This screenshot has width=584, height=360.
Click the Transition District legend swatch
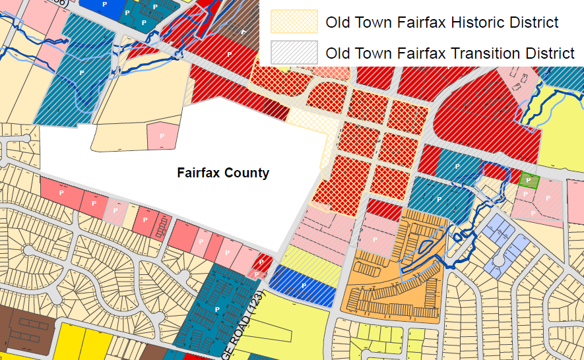pyautogui.click(x=296, y=53)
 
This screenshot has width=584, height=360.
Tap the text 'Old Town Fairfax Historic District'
pyautogui.click(x=441, y=23)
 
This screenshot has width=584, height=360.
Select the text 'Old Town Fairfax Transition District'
pyautogui.click(x=450, y=53)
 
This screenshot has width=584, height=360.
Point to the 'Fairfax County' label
pyautogui.click(x=223, y=173)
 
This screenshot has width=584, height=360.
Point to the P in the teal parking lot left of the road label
pyautogui.click(x=216, y=309)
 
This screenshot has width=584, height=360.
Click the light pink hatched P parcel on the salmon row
pyautogui.click(x=115, y=211)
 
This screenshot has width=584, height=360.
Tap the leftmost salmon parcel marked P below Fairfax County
pyautogui.click(x=61, y=193)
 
